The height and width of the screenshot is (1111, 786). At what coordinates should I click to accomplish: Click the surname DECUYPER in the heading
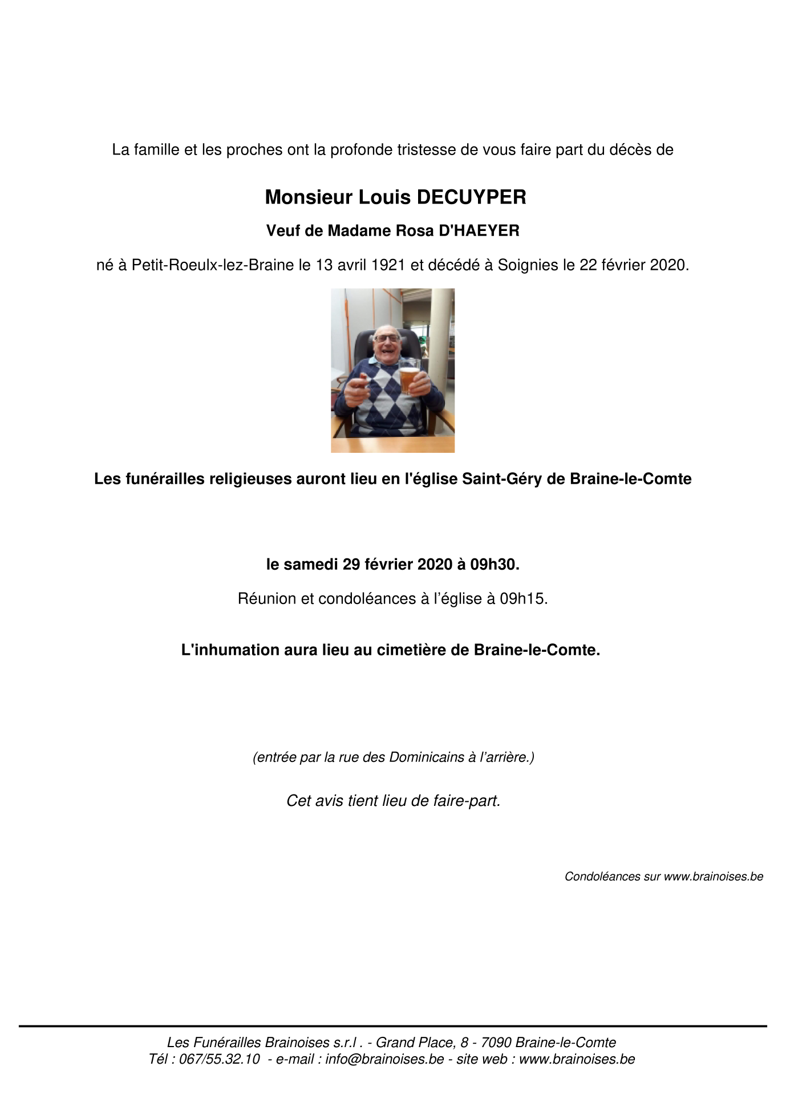tap(471, 197)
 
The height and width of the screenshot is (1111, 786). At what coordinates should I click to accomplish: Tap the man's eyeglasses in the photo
tap(387, 338)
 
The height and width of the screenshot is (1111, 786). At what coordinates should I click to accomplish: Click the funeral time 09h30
tap(495, 565)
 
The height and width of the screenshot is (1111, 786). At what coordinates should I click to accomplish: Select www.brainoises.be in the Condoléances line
tap(714, 877)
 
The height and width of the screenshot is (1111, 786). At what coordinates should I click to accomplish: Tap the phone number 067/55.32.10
tap(220, 1059)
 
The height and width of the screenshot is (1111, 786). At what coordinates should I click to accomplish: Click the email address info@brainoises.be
tap(384, 1059)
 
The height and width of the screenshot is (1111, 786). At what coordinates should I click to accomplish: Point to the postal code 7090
tap(496, 1043)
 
